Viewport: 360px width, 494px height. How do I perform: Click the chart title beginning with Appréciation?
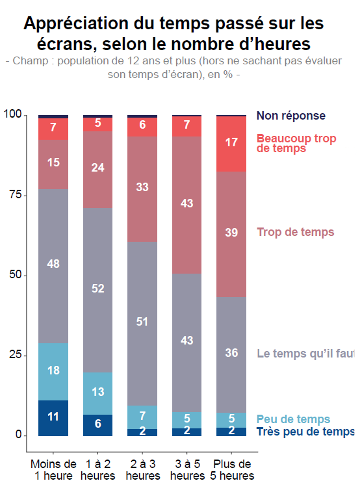coord(174,34)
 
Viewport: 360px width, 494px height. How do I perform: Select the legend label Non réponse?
coord(300,116)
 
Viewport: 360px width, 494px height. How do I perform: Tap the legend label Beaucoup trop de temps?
coord(296,143)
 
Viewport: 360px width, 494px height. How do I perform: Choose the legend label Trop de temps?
coord(296,232)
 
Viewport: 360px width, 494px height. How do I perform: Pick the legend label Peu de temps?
coord(293,419)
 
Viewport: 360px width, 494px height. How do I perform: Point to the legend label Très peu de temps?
coord(305,432)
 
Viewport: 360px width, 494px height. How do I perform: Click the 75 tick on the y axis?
coord(12,195)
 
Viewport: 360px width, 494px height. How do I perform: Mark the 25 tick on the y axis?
coord(12,356)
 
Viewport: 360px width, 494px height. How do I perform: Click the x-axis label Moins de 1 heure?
coord(53,470)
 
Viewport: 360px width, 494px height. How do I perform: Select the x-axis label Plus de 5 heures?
coord(231,470)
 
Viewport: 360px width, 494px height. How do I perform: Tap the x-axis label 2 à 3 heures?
coord(142,470)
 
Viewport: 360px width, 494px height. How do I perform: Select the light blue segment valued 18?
coord(53,371)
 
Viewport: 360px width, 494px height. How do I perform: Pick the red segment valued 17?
coord(231,144)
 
